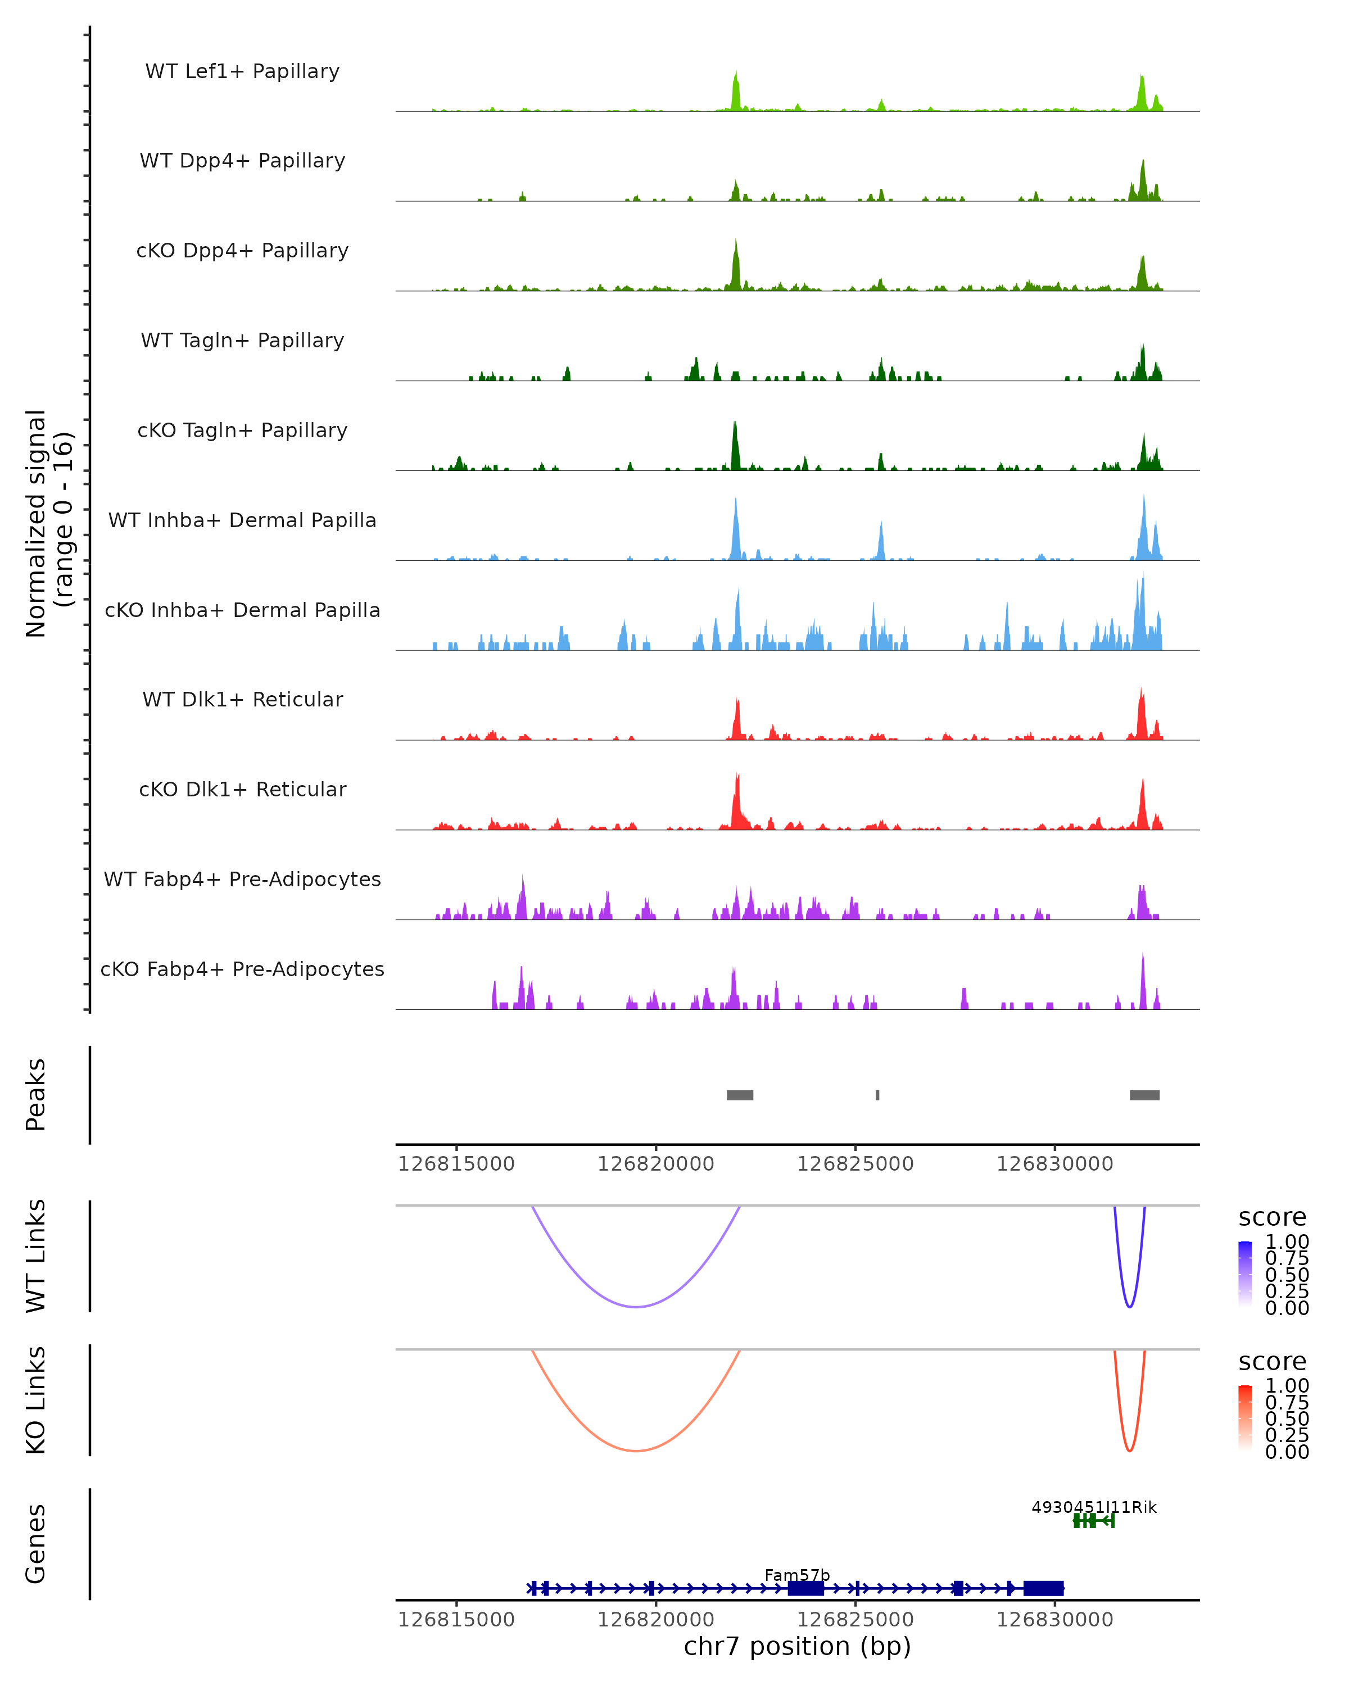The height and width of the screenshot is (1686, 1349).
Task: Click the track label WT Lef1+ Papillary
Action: [x=242, y=71]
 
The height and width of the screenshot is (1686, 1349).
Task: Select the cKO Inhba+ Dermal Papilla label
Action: [x=242, y=610]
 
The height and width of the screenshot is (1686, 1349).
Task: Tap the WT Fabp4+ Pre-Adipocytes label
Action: [x=242, y=879]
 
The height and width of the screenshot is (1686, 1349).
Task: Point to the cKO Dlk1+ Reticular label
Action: [x=242, y=789]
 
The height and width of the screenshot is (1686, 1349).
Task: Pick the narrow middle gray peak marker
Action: [x=877, y=1095]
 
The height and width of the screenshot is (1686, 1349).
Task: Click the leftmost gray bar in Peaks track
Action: [x=740, y=1095]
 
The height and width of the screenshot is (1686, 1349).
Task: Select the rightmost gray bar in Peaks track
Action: [x=1144, y=1095]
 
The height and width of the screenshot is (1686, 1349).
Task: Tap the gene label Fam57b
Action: [x=797, y=1575]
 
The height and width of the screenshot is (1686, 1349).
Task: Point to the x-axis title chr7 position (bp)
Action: [x=797, y=1646]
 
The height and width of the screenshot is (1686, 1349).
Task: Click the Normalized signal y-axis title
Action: [x=48, y=523]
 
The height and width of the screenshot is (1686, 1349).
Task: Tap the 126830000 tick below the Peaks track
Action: [x=1054, y=1164]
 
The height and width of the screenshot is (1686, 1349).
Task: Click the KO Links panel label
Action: [x=36, y=1400]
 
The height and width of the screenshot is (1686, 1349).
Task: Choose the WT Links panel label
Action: [x=36, y=1256]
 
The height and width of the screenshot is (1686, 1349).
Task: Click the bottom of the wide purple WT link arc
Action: [x=637, y=1307]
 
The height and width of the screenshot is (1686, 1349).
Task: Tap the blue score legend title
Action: [x=1273, y=1218]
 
